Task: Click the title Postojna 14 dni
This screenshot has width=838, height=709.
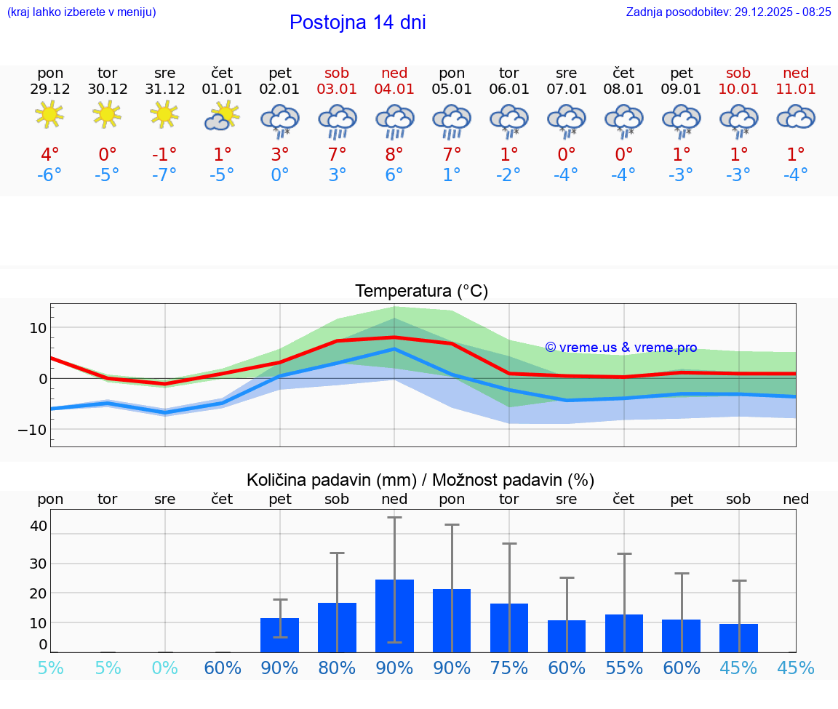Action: pyautogui.click(x=357, y=23)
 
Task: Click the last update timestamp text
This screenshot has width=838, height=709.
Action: pyautogui.click(x=728, y=12)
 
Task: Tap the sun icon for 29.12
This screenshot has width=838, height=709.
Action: pyautogui.click(x=49, y=114)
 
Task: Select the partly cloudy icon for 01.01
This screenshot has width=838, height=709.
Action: pyautogui.click(x=222, y=115)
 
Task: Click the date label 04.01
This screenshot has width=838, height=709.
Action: pyautogui.click(x=394, y=89)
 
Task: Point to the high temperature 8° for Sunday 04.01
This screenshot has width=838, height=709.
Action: pyautogui.click(x=394, y=154)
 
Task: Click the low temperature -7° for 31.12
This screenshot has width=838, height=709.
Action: pyautogui.click(x=164, y=175)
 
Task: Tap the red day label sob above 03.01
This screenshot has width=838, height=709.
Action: pyautogui.click(x=337, y=73)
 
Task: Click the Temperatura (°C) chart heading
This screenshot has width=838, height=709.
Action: pyautogui.click(x=421, y=292)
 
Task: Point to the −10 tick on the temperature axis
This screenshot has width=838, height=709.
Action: pyautogui.click(x=33, y=429)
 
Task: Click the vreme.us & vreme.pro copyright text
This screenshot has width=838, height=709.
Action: pyautogui.click(x=621, y=348)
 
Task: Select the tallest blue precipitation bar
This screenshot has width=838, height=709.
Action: pyautogui.click(x=394, y=615)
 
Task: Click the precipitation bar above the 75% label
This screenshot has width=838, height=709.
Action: pyautogui.click(x=509, y=628)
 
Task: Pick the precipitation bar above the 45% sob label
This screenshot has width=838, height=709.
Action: pyautogui.click(x=738, y=638)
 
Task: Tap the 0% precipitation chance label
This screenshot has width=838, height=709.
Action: pyautogui.click(x=164, y=668)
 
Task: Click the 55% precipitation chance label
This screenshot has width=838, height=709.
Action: pyautogui.click(x=624, y=668)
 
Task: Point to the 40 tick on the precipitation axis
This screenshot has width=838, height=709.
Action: pyautogui.click(x=39, y=525)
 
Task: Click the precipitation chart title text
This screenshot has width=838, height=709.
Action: pyautogui.click(x=420, y=480)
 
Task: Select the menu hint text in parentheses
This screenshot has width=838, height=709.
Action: pyautogui.click(x=81, y=12)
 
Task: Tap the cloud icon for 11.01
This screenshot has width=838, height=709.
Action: pyautogui.click(x=796, y=116)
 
